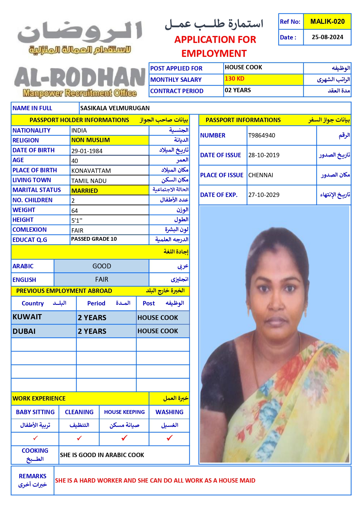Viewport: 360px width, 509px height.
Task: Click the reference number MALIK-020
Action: [327, 21]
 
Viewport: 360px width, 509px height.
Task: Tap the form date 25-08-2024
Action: [327, 37]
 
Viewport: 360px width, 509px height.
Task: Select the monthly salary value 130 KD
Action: [235, 79]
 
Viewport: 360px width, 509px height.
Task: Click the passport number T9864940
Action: [262, 135]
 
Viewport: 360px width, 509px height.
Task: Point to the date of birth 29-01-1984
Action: [87, 151]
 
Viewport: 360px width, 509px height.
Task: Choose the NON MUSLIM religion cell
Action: [91, 140]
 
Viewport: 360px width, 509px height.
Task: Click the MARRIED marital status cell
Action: [85, 191]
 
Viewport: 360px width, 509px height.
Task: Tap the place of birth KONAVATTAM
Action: [91, 171]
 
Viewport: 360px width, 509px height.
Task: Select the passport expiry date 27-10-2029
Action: [264, 195]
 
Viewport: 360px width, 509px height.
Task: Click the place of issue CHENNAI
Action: [260, 175]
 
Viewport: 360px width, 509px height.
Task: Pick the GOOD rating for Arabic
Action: [102, 266]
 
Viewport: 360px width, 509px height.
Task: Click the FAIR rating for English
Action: [102, 279]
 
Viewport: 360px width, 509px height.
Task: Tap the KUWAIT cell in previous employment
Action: [27, 317]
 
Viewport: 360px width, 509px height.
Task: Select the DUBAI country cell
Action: [24, 331]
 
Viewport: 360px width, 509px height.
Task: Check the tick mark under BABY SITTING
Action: [35, 438]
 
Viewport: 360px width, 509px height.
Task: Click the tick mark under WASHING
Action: [169, 438]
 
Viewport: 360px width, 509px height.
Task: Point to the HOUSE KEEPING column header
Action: [124, 412]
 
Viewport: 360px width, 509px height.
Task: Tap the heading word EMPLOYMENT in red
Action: [214, 54]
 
